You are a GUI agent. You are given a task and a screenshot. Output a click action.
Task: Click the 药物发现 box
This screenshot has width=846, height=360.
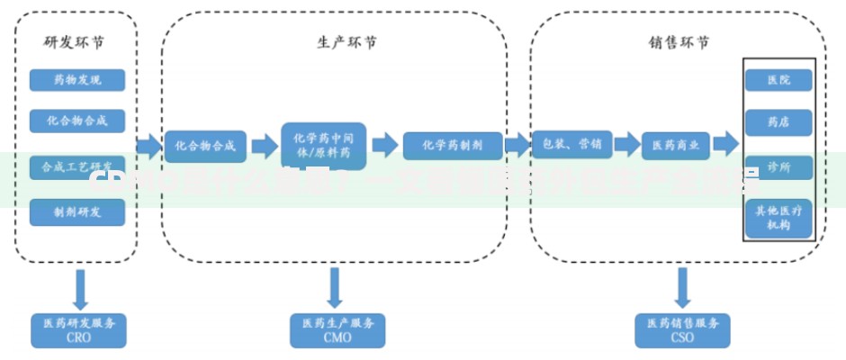click(76, 80)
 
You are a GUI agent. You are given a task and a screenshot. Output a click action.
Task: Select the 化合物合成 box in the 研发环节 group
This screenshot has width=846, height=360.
click(76, 121)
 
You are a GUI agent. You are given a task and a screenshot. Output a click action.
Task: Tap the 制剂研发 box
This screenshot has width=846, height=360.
click(76, 212)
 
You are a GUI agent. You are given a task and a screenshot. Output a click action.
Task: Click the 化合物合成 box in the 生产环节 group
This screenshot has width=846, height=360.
click(205, 146)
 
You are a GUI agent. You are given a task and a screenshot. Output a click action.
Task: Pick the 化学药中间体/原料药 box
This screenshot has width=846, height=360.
click(324, 146)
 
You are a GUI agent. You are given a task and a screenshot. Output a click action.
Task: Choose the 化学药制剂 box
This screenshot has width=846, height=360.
click(452, 146)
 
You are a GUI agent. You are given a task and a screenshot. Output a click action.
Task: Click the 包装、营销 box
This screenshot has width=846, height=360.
click(572, 144)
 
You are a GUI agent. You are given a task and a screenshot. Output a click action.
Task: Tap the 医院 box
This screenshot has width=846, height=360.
click(778, 80)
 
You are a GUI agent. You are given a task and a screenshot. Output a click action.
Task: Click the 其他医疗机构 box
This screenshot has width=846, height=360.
click(778, 218)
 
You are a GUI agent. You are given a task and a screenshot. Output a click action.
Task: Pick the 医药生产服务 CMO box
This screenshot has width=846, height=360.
click(337, 330)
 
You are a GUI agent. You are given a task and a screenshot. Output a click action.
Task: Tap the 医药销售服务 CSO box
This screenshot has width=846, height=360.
click(683, 330)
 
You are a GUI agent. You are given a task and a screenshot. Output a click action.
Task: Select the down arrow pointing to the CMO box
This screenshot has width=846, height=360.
click(336, 288)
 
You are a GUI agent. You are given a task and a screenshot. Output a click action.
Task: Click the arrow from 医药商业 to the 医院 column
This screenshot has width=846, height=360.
click(725, 145)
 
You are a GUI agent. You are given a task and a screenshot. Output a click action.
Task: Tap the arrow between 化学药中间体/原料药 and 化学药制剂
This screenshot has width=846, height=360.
click(385, 146)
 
